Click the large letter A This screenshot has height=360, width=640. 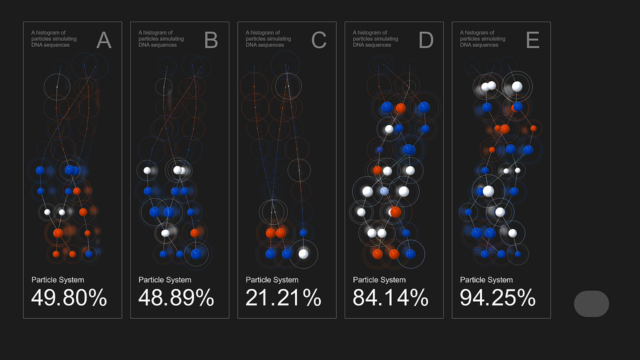[104, 40]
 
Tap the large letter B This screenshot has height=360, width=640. [211, 40]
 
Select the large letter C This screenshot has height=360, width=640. [318, 40]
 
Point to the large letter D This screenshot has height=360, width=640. [426, 40]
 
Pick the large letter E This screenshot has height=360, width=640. [533, 40]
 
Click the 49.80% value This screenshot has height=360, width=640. [69, 298]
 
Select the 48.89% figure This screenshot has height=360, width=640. [176, 298]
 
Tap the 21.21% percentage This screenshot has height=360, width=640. [283, 298]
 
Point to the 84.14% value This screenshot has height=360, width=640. [390, 298]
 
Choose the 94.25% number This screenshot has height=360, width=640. [497, 298]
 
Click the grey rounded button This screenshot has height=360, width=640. [591, 303]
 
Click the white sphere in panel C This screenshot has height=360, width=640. [303, 253]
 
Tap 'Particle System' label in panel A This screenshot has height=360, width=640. [57, 280]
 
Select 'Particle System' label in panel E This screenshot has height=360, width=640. [486, 280]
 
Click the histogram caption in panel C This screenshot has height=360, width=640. [268, 39]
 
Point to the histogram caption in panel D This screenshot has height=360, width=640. [375, 39]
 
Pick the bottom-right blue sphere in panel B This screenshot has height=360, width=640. [196, 253]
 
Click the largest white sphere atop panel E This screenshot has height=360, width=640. [517, 86]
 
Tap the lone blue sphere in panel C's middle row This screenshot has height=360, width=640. [303, 232]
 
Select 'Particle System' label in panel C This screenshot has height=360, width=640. [272, 280]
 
